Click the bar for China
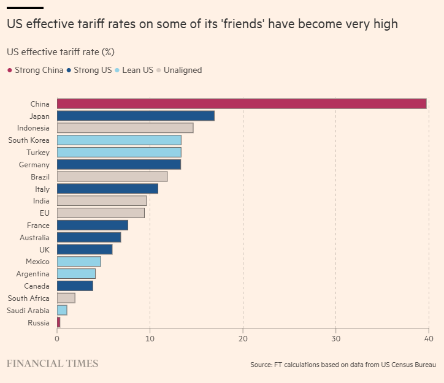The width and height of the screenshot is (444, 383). tap(242, 104)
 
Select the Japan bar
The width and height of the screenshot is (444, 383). tap(136, 116)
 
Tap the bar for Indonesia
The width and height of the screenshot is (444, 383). tap(125, 128)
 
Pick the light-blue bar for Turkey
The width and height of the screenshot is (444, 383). tap(119, 152)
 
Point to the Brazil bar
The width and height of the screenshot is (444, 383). tap(112, 176)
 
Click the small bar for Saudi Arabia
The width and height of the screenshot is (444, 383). tap(62, 311)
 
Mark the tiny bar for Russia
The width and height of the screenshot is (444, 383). tap(59, 322)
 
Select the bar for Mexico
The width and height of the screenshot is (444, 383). tap(79, 262)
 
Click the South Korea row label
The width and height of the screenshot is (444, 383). tap(29, 140)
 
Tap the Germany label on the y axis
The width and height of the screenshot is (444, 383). tap(35, 164)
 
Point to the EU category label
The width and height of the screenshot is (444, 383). tap(44, 213)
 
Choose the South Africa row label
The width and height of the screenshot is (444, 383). tap(29, 298)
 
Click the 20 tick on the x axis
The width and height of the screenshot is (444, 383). tap(243, 338)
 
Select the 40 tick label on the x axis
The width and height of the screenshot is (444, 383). tap(428, 338)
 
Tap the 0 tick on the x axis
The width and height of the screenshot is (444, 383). tap(57, 338)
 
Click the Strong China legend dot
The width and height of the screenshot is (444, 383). tap(9, 70)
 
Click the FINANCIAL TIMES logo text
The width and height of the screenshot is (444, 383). tap(52, 363)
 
